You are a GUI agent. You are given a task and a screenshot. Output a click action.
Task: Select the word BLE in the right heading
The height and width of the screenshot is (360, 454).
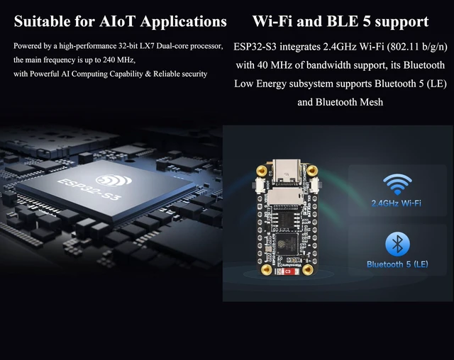tap(343, 21)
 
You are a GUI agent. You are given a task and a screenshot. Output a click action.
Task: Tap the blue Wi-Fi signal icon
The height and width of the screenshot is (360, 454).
tap(397, 184)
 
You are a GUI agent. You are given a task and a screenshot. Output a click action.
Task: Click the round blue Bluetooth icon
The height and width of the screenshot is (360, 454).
tap(397, 244)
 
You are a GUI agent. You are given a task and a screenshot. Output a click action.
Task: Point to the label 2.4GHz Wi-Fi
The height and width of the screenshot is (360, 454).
tap(396, 203)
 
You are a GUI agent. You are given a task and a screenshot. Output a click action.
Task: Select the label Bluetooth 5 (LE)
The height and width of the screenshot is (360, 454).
tap(397, 264)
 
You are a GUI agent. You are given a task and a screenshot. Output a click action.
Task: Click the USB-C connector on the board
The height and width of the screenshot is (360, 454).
tap(287, 172)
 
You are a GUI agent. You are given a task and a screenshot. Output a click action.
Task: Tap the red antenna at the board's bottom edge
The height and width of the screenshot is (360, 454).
tap(287, 272)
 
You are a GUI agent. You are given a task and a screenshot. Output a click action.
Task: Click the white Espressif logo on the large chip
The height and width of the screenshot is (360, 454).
tap(114, 181)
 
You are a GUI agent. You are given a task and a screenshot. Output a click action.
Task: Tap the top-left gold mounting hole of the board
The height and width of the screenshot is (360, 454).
tap(262, 171)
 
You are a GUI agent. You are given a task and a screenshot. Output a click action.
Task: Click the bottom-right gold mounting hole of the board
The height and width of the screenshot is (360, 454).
tap(307, 270)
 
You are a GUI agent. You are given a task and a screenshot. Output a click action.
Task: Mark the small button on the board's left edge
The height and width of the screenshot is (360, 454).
tap(258, 185)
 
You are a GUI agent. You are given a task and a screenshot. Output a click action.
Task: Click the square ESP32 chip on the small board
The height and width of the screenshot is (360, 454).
tap(287, 244)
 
